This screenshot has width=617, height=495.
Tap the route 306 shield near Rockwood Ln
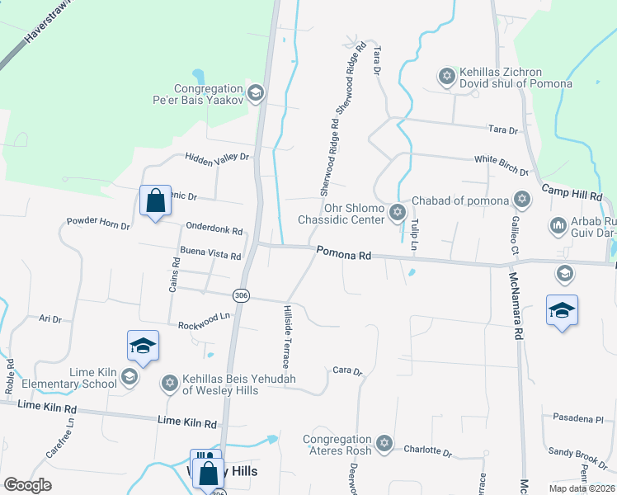[x=241, y=295]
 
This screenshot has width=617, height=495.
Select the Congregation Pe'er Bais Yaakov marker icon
[x=255, y=93]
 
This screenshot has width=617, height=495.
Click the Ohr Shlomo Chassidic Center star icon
[x=398, y=213]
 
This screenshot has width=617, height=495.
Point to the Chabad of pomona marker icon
[x=521, y=199]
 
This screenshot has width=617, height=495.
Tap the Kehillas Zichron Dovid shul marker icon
[x=447, y=77]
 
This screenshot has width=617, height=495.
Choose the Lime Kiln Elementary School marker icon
[x=129, y=378]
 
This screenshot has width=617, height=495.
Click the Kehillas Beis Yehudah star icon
[x=170, y=384]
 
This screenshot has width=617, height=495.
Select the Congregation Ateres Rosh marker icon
[x=384, y=444]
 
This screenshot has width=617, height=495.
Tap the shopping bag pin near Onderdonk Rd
[x=155, y=200]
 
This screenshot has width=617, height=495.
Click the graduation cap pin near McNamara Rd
[x=562, y=310]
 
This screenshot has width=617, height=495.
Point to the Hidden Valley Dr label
[x=217, y=156]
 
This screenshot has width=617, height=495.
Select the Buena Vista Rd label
[x=210, y=254]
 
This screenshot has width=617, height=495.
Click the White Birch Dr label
[x=501, y=165]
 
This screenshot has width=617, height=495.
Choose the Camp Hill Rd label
[x=572, y=193]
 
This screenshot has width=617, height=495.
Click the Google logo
[x=28, y=485]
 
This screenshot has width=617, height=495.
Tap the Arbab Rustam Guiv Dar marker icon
[x=557, y=225]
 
